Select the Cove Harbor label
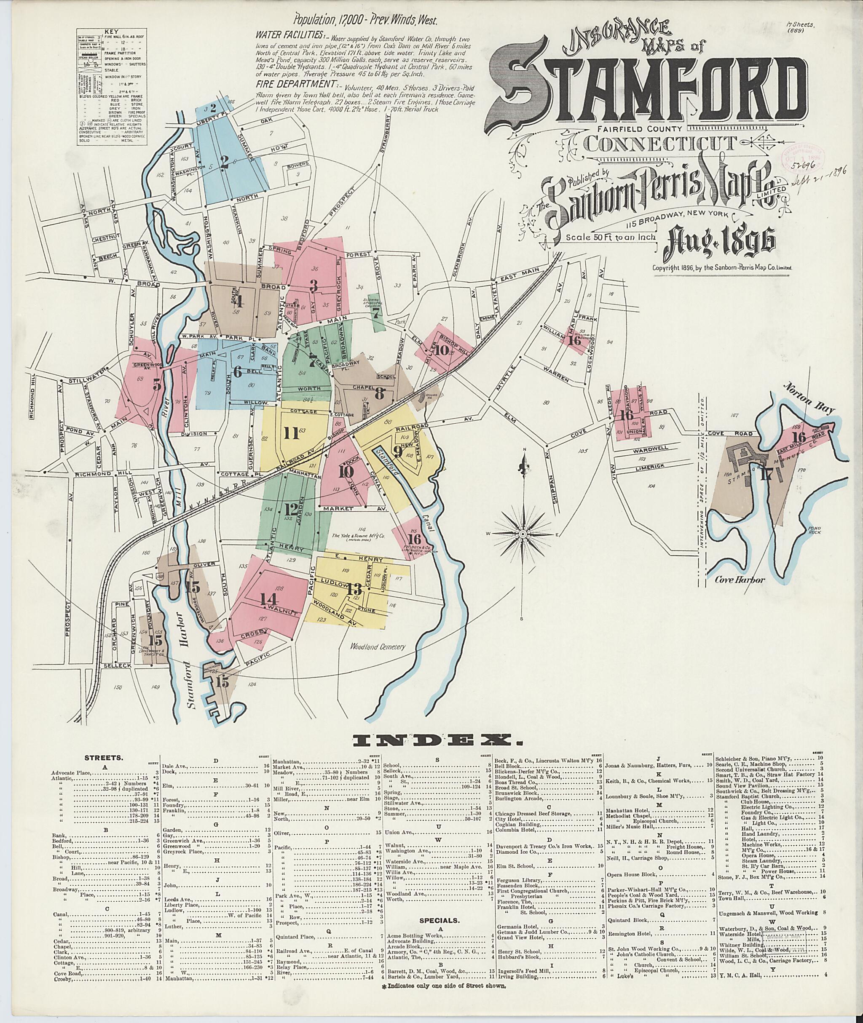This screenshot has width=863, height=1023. pos(739,580)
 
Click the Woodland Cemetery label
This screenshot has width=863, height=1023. pos(378,646)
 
